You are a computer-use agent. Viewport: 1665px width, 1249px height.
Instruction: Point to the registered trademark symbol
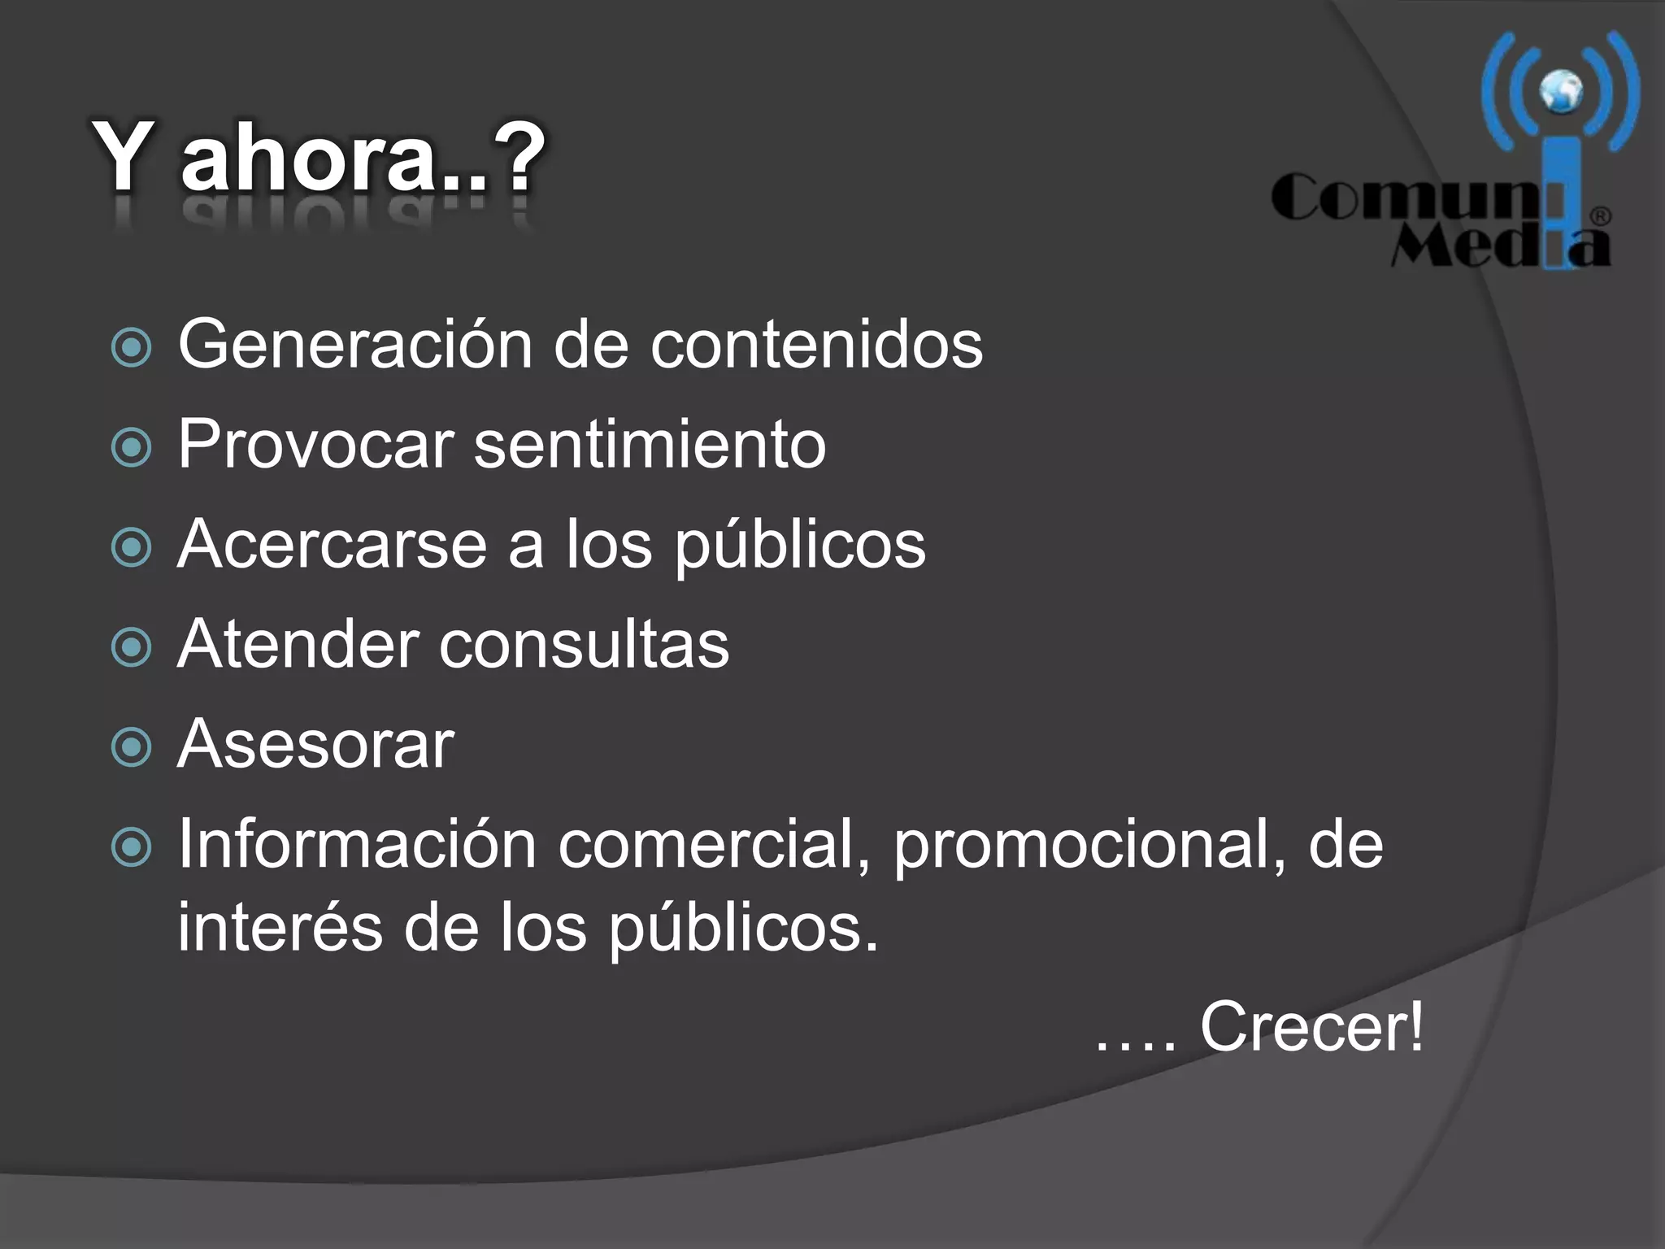[x=1600, y=216]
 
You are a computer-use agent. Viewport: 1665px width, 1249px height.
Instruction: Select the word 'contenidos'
[x=816, y=345]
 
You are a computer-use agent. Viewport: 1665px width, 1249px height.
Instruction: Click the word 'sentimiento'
[x=650, y=445]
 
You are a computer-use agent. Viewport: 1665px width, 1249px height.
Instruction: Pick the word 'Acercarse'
[x=332, y=545]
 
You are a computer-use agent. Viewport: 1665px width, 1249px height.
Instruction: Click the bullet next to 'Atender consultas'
[x=131, y=647]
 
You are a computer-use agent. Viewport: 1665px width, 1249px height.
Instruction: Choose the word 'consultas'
[x=585, y=645]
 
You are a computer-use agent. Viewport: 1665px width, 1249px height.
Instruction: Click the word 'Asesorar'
[x=315, y=744]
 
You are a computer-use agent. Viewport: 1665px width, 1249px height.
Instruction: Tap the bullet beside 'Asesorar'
[x=131, y=747]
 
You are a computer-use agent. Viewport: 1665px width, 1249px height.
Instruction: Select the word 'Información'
[x=357, y=844]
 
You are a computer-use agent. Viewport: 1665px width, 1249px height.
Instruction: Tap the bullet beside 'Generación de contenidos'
[x=131, y=347]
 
